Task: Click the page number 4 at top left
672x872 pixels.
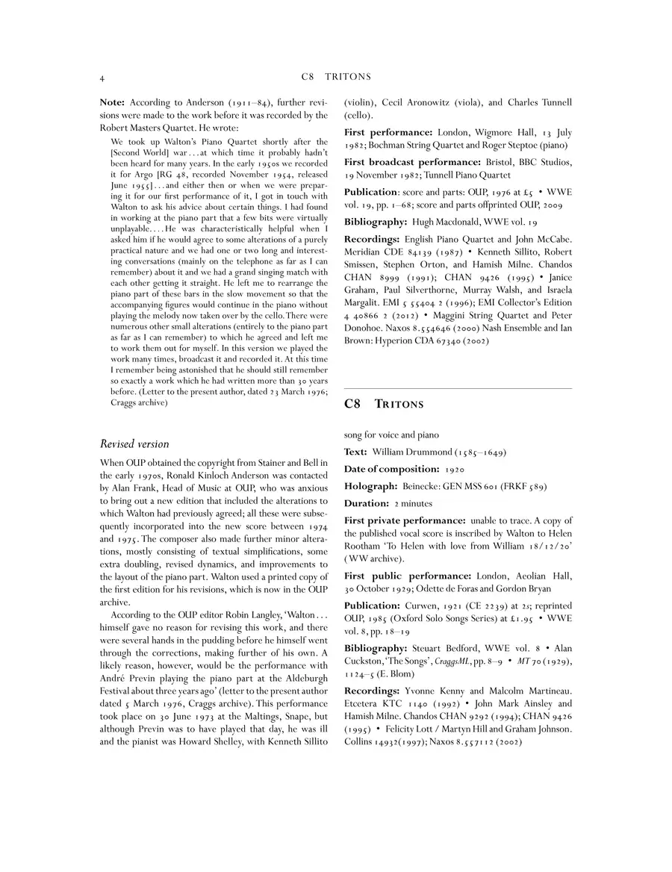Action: tap(102, 78)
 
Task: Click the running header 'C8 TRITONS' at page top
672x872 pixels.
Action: tap(336, 77)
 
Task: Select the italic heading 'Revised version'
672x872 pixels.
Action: tap(134, 443)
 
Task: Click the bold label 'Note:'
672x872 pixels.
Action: tap(113, 102)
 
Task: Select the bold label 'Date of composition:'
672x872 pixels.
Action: tap(391, 469)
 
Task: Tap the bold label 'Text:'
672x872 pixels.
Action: tap(355, 452)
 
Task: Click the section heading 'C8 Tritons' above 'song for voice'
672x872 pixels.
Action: tap(384, 405)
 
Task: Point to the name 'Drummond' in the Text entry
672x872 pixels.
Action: tap(438, 452)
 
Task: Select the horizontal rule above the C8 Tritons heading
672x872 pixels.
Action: tap(458, 388)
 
